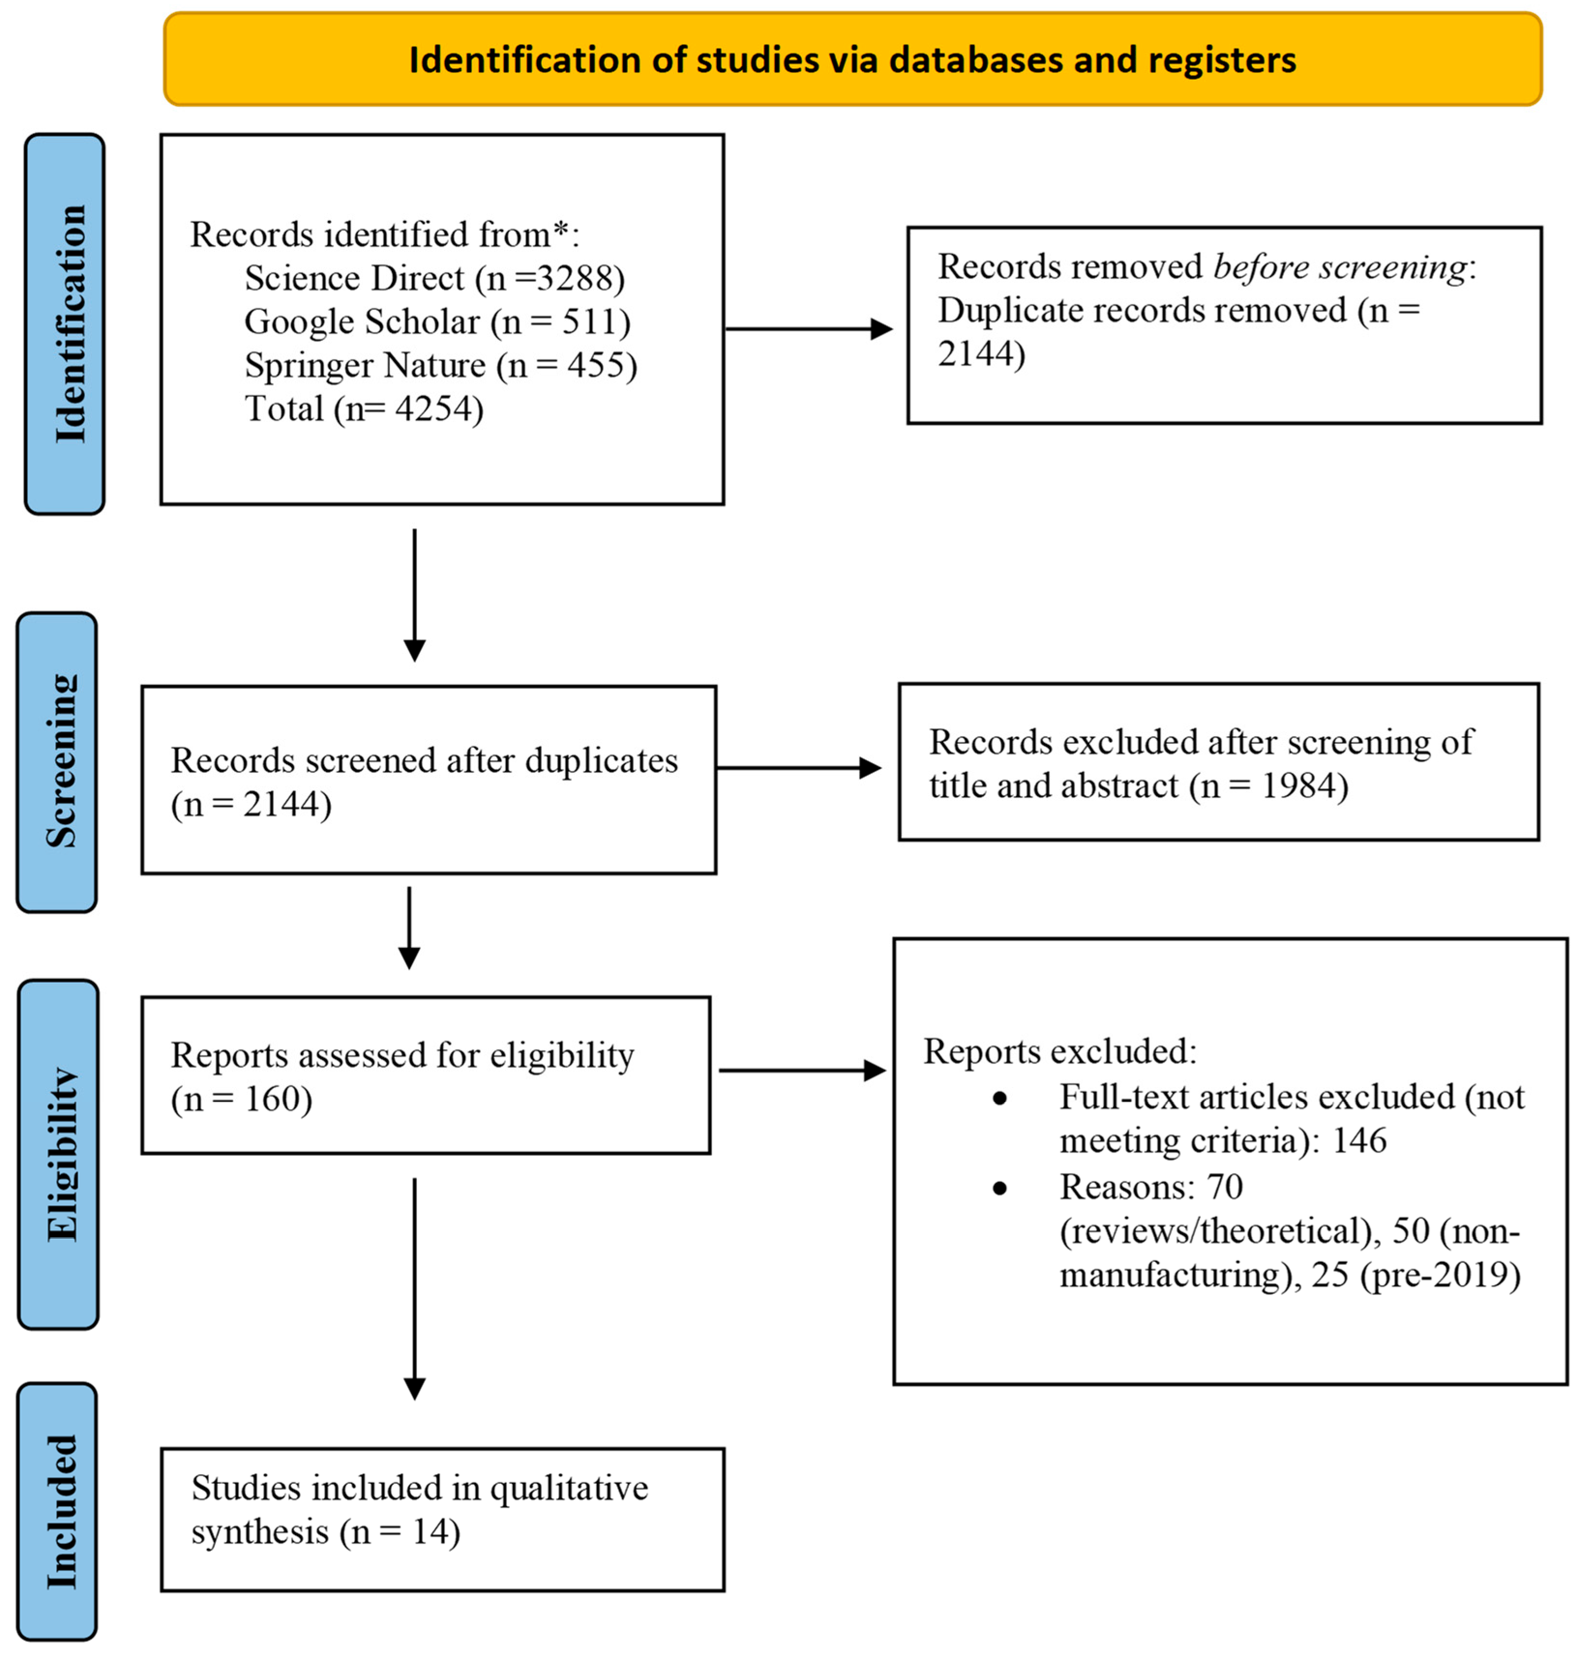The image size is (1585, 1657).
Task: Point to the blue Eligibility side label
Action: pyautogui.click(x=59, y=1154)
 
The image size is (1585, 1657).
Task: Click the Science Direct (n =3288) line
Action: pyautogui.click(x=434, y=278)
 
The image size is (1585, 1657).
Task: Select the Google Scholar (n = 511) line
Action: pyautogui.click(x=437, y=322)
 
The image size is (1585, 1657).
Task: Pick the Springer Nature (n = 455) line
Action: pyautogui.click(x=440, y=365)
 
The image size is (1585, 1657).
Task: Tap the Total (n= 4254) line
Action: pyautogui.click(x=363, y=409)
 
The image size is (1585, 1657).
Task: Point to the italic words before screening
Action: pyautogui.click(x=1340, y=267)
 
